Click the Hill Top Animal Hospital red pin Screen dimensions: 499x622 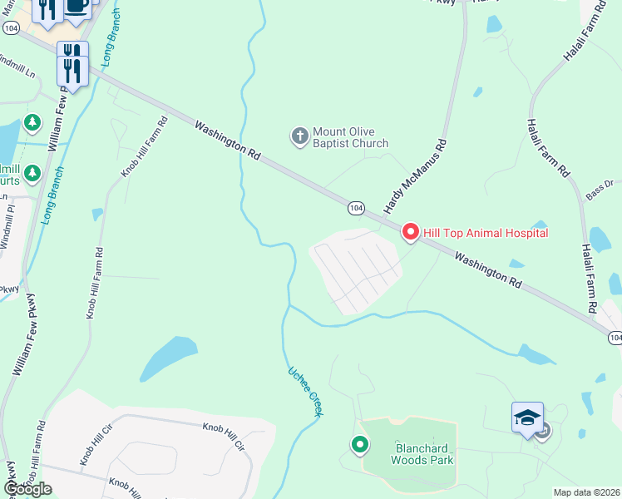(x=410, y=232)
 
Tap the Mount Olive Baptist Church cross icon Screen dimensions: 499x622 (x=299, y=134)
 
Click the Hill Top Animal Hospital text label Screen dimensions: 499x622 (x=486, y=233)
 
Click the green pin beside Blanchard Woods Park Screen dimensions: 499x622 (x=360, y=446)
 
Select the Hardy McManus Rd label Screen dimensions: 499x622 (x=415, y=175)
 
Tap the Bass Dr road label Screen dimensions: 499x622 (x=599, y=190)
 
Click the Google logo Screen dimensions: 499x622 (x=27, y=488)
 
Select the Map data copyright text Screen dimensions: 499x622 (x=587, y=492)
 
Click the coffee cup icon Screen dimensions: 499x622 (x=77, y=7)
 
